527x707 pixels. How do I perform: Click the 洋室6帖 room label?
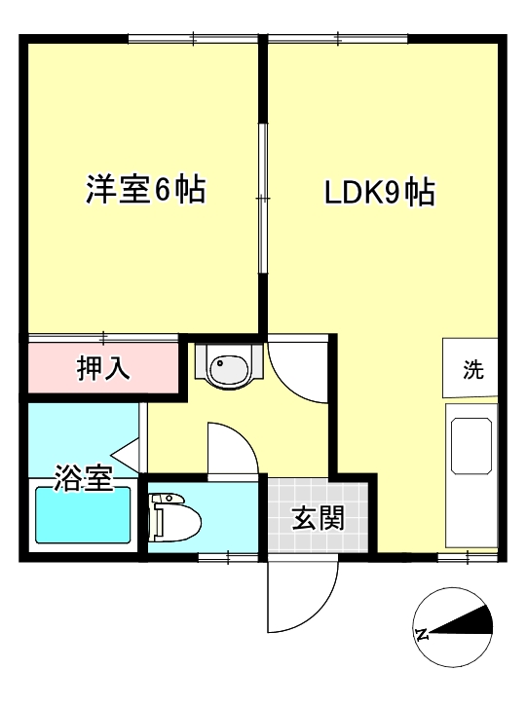pos(145,191)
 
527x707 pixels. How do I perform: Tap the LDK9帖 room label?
pos(379,193)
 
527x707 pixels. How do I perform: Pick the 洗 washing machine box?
pos(471,369)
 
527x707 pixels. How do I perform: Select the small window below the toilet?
pos(228,557)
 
